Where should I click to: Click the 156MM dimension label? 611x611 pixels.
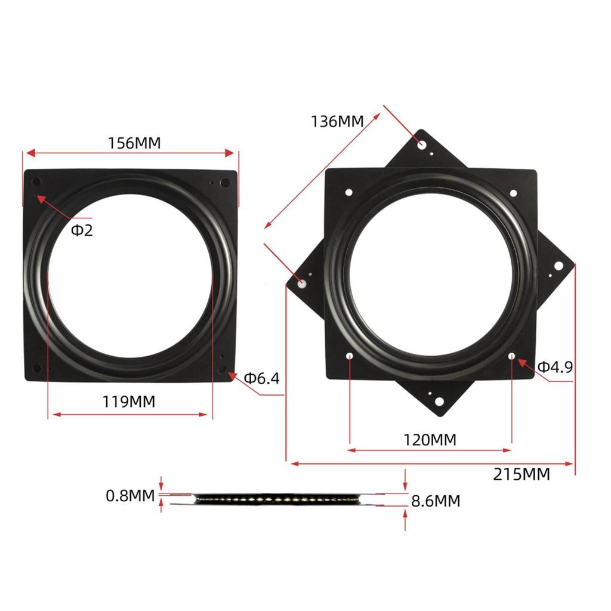coord(134,144)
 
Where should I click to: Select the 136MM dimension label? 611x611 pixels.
coord(337,121)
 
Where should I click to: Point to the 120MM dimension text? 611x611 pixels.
coord(430,440)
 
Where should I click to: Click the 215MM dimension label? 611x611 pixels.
coord(521,474)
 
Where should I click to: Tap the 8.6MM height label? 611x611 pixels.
coord(436,501)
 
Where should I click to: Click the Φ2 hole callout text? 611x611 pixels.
coord(82,230)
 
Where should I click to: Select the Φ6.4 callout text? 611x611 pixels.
coord(261,378)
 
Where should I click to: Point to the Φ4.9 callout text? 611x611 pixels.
coord(555,367)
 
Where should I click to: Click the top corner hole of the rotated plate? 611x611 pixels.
coord(422,144)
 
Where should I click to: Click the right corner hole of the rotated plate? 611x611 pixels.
coord(559,266)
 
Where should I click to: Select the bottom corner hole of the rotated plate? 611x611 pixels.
coord(439,402)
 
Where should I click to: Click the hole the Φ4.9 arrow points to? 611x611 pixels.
coord(512,356)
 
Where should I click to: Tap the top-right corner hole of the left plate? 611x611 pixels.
coord(225,183)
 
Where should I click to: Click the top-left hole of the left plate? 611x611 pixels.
coord(36,182)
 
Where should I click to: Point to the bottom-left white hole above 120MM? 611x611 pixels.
coord(350,356)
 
